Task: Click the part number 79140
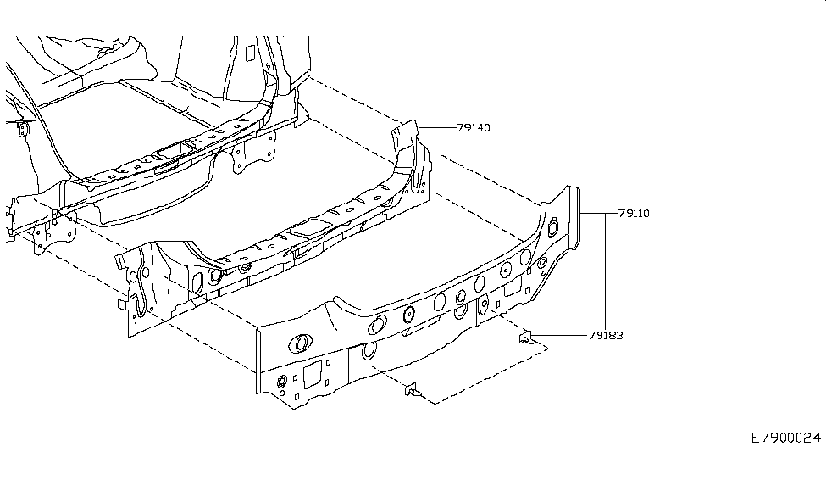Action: [474, 127]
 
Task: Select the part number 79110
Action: [634, 214]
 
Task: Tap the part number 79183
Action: [606, 335]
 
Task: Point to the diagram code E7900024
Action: [786, 438]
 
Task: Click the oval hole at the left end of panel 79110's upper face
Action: [299, 343]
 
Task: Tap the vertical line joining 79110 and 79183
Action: [606, 271]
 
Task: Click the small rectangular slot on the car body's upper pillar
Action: [248, 53]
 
